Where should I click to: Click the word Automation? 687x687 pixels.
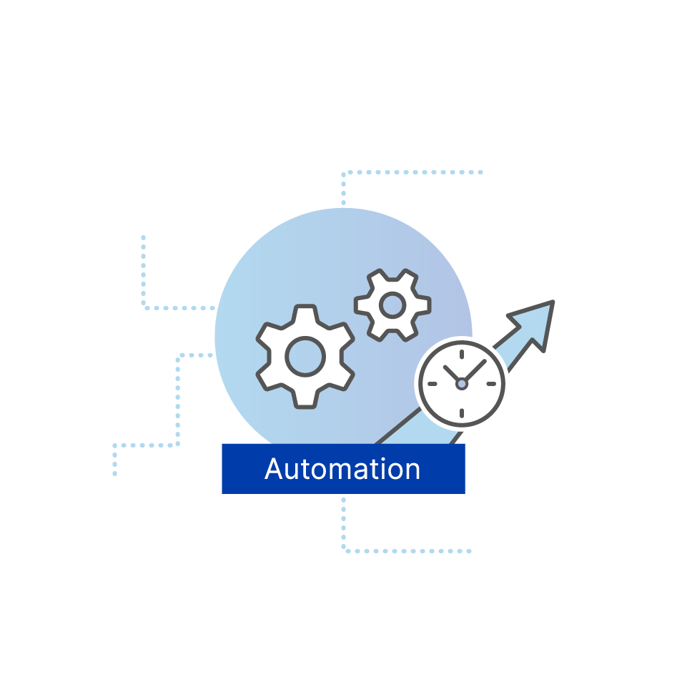342,469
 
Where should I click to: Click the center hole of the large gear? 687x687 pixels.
305,356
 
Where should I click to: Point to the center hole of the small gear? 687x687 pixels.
392,305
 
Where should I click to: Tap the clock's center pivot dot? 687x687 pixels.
462,384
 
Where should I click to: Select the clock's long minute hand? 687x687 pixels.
475,371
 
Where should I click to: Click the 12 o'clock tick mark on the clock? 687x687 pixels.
462,354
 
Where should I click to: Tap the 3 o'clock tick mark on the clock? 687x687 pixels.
491,384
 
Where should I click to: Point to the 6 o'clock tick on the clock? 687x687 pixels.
462,413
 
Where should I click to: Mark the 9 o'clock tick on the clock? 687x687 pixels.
432,384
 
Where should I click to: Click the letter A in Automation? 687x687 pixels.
275,469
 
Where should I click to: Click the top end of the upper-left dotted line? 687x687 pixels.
143,237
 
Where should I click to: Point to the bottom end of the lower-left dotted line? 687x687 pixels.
114,473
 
